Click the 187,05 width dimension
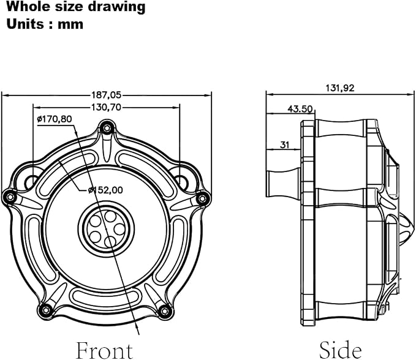[x=107, y=95]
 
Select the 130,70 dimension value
[x=106, y=107]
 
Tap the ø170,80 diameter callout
[x=55, y=119]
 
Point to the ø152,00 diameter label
[x=105, y=190]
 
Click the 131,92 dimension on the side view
[x=340, y=88]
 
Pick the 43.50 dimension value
[x=300, y=109]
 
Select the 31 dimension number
[x=284, y=144]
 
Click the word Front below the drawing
[x=104, y=350]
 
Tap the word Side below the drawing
[x=341, y=350]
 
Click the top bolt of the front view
[x=107, y=129]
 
